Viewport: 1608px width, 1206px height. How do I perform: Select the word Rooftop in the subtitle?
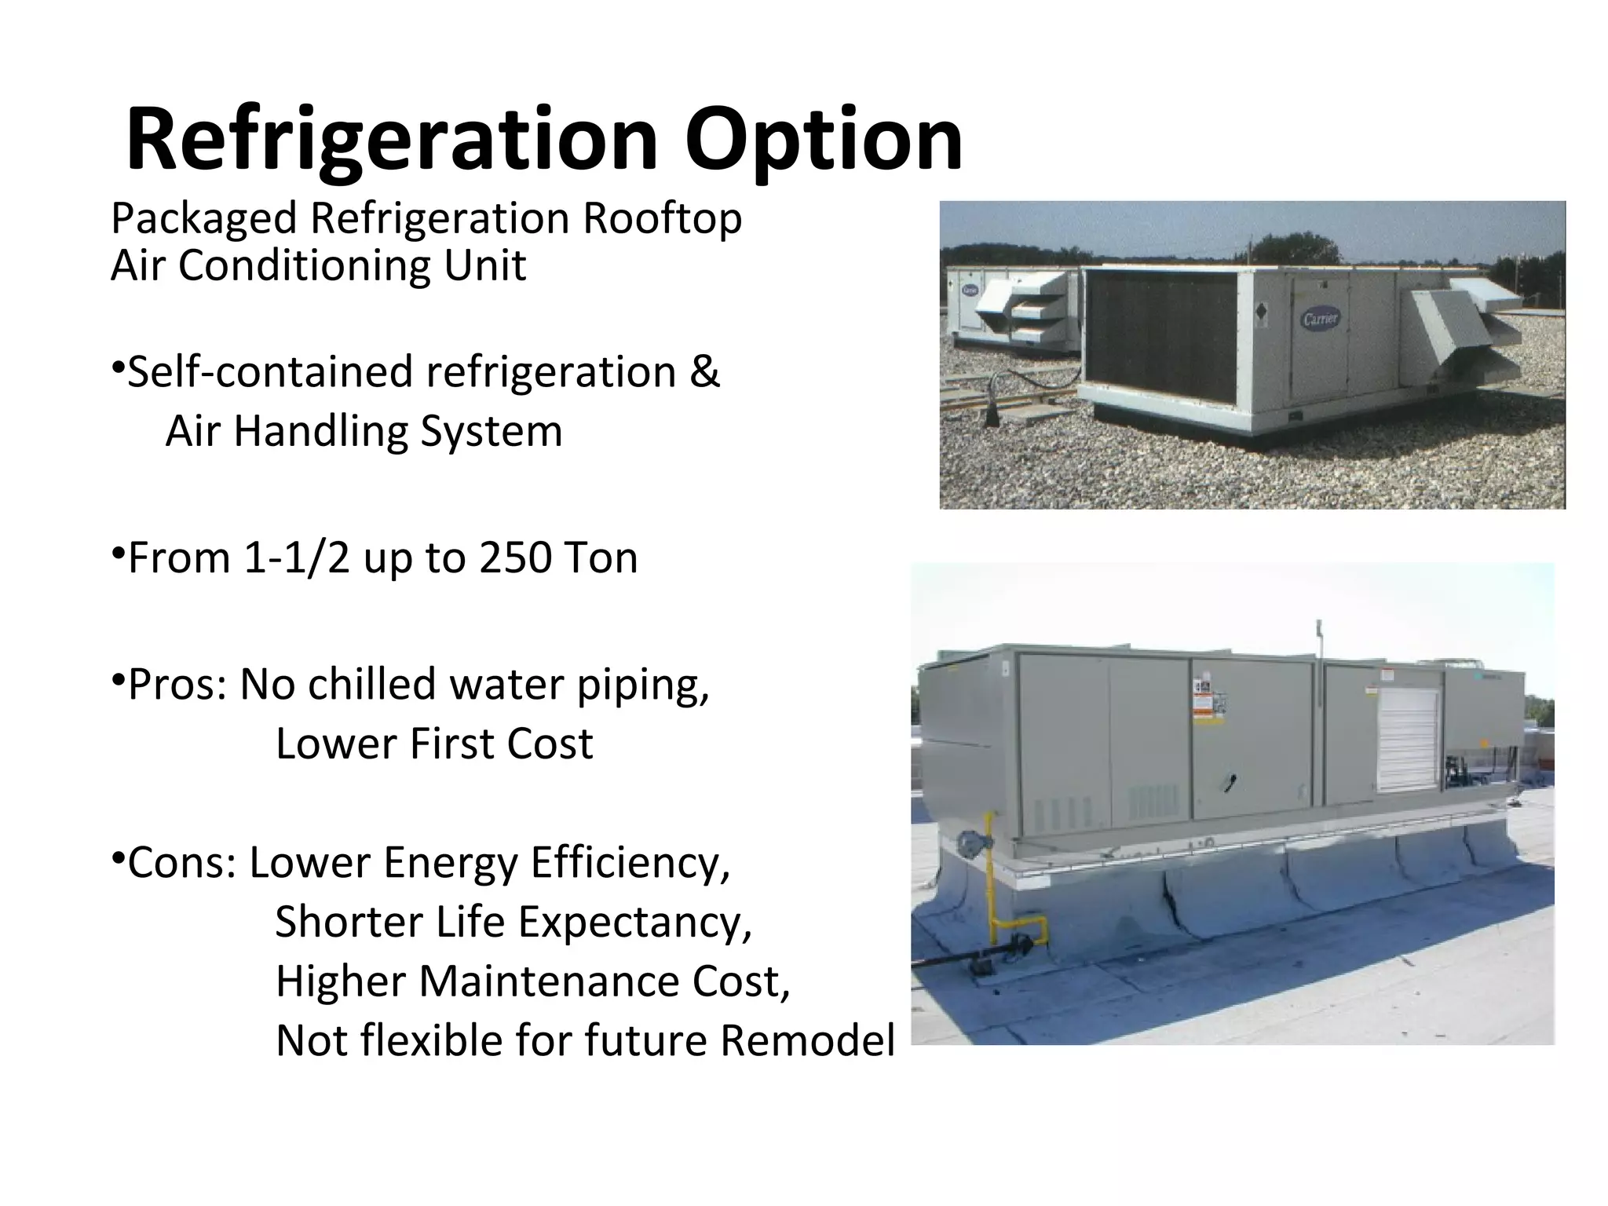(661, 218)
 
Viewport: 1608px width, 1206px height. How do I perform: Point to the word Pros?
(176, 685)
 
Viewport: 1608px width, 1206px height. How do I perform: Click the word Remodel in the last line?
(807, 1041)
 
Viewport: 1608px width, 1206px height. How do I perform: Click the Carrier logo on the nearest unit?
(1321, 318)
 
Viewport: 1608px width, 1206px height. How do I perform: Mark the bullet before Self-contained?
(116, 367)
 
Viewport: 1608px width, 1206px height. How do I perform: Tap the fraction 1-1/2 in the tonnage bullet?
(296, 558)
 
